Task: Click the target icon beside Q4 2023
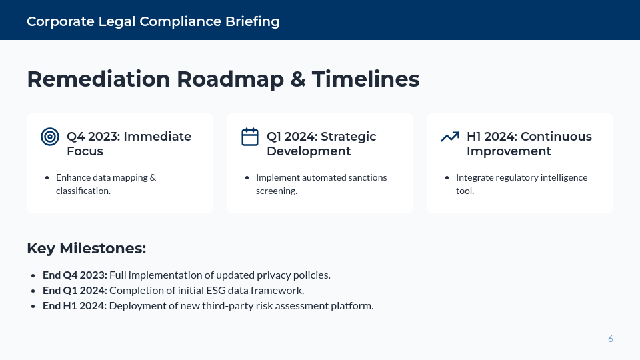[50, 137]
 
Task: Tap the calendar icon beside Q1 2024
[249, 137]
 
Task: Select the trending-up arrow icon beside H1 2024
[450, 137]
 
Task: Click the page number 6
[610, 339]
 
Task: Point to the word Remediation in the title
[98, 79]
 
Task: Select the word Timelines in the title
[365, 79]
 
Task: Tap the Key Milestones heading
[86, 249]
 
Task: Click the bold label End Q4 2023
[75, 275]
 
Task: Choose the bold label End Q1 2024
[75, 291]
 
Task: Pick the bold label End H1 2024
[75, 306]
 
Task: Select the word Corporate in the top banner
[59, 21]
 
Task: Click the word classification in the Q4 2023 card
[82, 191]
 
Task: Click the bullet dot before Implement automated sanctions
[247, 178]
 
